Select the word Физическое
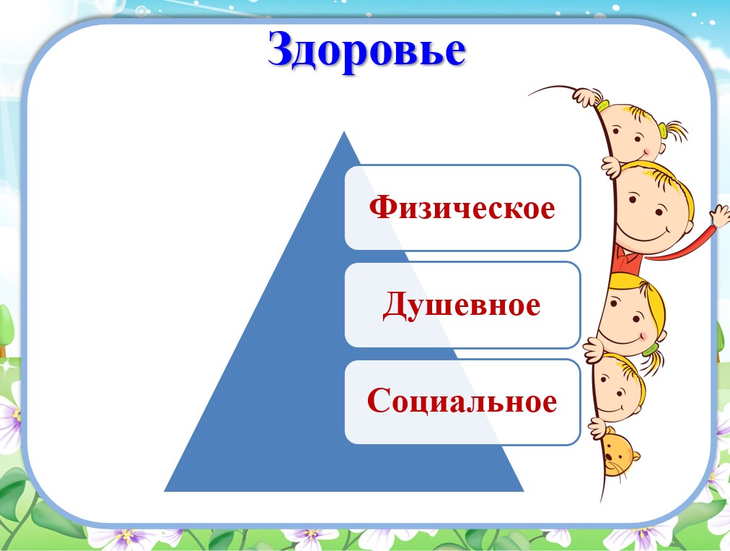click(x=462, y=207)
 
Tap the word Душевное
click(x=462, y=305)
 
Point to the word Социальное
click(x=462, y=400)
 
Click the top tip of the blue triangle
click(x=344, y=132)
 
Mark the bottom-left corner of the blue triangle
click(x=164, y=491)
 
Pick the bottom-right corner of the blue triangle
click(x=524, y=491)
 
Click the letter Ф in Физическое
click(x=382, y=207)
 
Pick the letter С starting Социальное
click(x=377, y=400)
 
